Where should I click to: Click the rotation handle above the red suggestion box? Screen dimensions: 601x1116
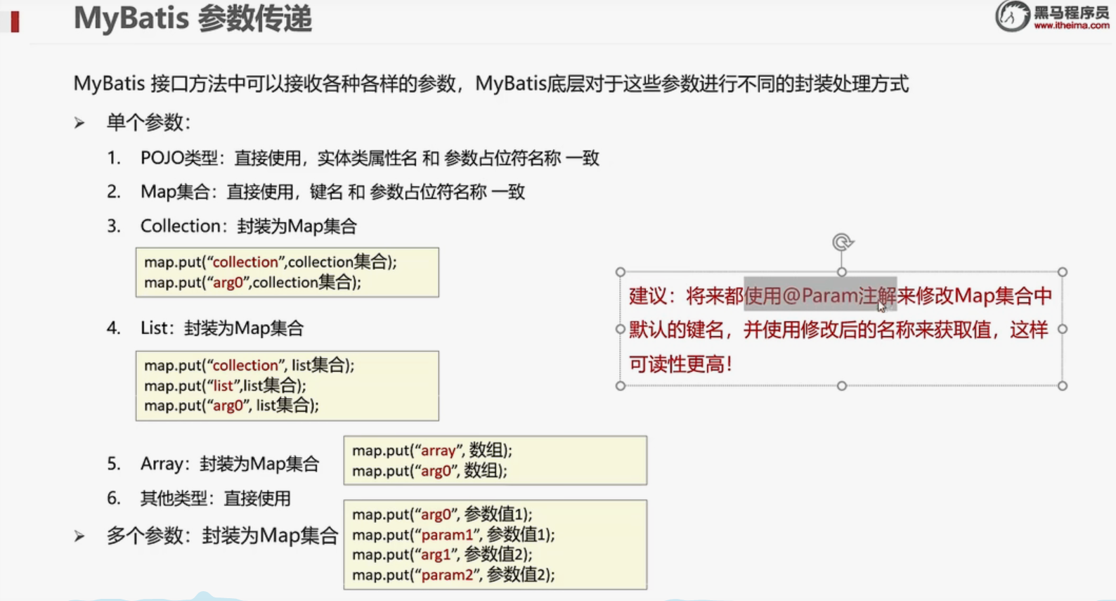click(x=842, y=243)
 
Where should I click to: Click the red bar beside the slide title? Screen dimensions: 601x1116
click(x=15, y=22)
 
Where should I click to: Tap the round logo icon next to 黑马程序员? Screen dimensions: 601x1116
click(x=1012, y=16)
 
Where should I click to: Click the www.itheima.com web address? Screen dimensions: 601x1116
click(x=1071, y=26)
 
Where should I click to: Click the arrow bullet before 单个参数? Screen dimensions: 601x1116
click(x=79, y=123)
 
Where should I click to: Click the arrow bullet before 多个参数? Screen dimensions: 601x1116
click(x=79, y=536)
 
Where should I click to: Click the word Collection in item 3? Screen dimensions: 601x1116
click(x=180, y=226)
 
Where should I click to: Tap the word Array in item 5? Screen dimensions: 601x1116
click(x=162, y=464)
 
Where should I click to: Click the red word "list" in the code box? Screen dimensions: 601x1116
click(x=223, y=385)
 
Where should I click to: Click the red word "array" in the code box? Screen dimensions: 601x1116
click(x=438, y=451)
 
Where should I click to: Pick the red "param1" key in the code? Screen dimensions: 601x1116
click(x=447, y=535)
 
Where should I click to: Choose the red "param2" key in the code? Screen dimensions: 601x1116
click(x=447, y=575)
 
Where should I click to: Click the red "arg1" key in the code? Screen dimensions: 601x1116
click(x=436, y=555)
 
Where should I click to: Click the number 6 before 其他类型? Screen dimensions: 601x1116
click(x=113, y=498)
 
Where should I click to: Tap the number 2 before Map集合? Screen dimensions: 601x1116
click(x=113, y=192)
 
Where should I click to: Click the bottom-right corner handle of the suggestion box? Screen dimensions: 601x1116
click(x=1063, y=386)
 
